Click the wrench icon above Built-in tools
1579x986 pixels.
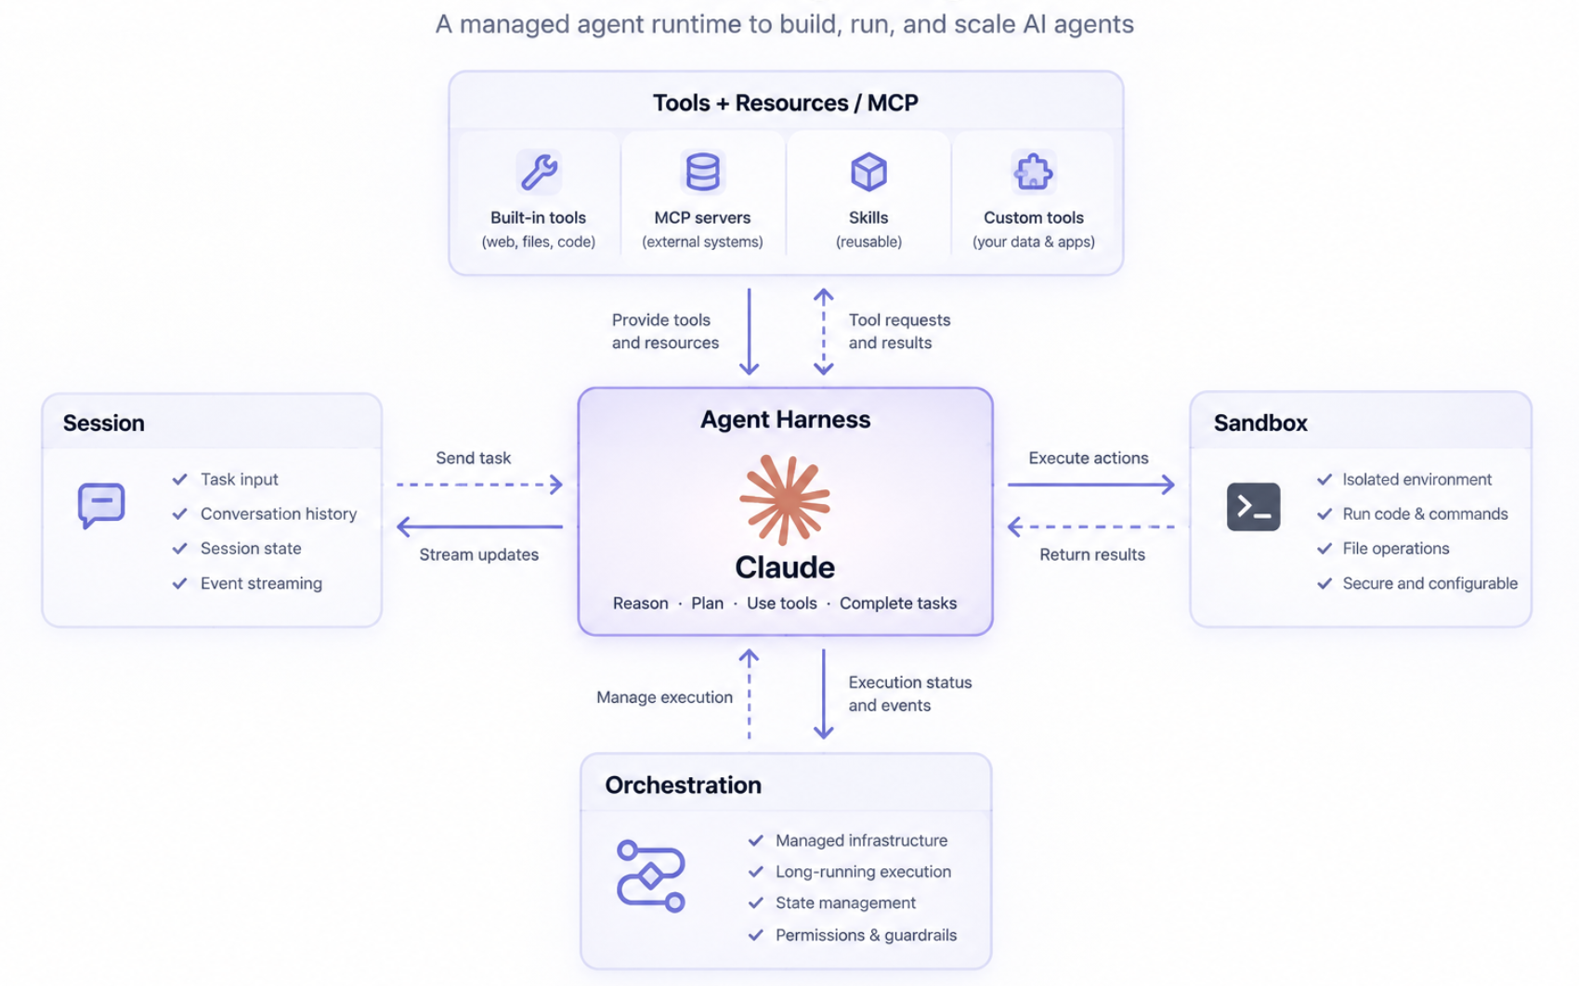(x=540, y=172)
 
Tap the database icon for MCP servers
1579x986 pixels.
(x=703, y=171)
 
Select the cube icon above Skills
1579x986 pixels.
(x=868, y=172)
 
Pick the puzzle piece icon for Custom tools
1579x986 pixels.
(x=1034, y=172)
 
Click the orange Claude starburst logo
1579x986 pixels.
(x=785, y=499)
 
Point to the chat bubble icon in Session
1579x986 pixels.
(x=101, y=505)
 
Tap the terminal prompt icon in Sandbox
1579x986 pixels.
(x=1253, y=507)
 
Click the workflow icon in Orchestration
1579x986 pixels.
(x=650, y=876)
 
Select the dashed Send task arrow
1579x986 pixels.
(x=479, y=485)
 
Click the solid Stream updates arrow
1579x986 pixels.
(x=479, y=526)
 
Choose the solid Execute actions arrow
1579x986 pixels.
(x=1091, y=485)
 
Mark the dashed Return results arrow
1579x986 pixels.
(x=1091, y=526)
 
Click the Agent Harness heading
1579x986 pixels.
(x=785, y=420)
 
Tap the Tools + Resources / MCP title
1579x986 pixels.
(x=785, y=103)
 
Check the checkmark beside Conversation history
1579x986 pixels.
(x=180, y=513)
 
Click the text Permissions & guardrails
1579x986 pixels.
(x=867, y=935)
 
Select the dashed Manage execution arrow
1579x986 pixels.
(x=749, y=694)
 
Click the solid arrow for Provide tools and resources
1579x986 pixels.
(x=749, y=331)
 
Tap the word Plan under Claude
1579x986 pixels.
(x=707, y=603)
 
